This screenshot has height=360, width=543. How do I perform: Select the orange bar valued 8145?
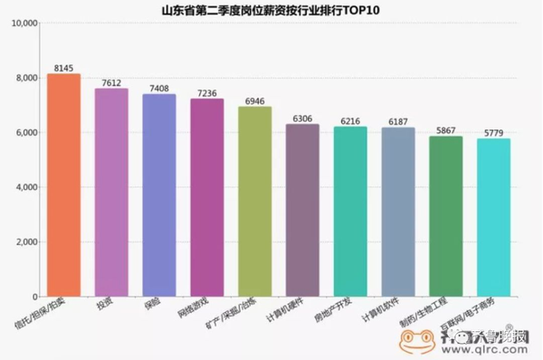(x=63, y=185)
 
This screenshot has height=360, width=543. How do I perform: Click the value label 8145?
(x=63, y=68)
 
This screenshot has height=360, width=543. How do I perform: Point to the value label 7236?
(x=207, y=92)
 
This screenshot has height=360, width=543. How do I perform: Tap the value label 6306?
(x=302, y=118)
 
